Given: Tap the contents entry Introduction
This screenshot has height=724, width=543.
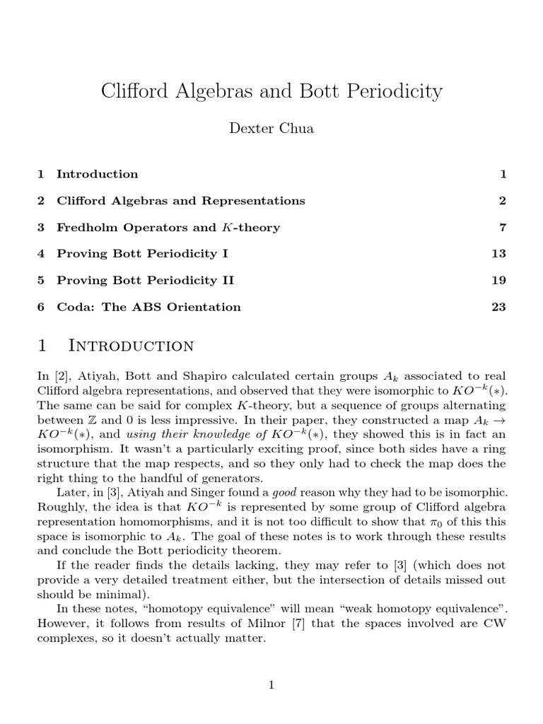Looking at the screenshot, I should [98, 174].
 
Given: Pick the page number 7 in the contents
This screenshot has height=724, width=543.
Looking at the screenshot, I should [503, 228].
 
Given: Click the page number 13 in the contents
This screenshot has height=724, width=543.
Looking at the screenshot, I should [499, 254].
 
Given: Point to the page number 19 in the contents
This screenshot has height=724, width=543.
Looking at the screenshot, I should [499, 281].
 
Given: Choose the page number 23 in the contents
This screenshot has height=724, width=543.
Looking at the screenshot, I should [499, 307].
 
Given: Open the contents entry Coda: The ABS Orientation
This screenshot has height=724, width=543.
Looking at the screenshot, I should [148, 307].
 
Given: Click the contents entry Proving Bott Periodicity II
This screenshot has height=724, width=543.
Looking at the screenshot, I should [145, 281].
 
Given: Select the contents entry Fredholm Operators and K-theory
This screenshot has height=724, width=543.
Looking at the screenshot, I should [168, 228].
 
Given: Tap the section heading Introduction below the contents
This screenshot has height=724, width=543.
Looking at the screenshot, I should [131, 346].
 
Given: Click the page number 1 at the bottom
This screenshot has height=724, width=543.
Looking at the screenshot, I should [271, 685].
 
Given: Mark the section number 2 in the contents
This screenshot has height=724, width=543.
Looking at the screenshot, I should [41, 201].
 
